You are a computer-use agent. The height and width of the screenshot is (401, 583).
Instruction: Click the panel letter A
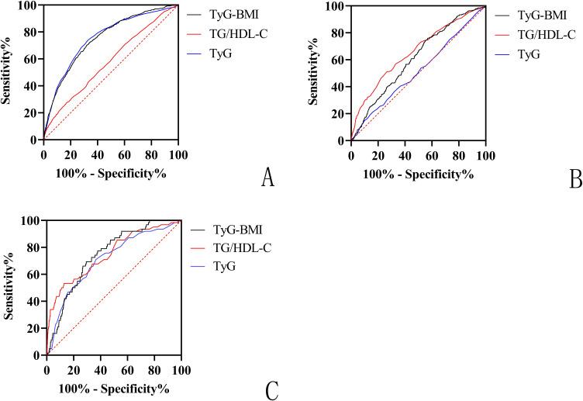(267, 178)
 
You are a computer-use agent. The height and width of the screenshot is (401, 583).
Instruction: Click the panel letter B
(574, 179)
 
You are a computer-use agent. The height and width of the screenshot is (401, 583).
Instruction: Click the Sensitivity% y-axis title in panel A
(9, 72)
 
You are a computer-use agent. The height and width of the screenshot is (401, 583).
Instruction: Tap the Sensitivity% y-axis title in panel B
(316, 73)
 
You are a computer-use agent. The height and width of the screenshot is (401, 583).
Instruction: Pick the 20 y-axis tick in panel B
(339, 114)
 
